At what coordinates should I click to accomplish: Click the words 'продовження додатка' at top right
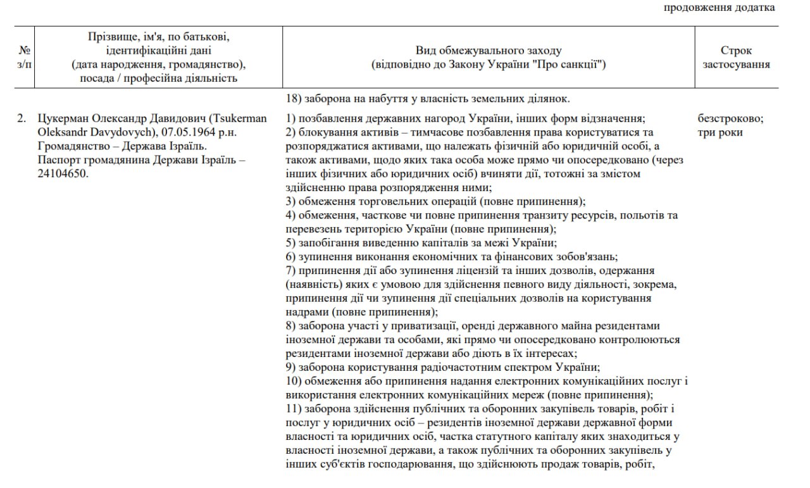719,8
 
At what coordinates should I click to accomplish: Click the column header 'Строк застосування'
736,57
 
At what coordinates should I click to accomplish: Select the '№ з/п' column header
25,57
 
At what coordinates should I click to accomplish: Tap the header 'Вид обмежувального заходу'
488,51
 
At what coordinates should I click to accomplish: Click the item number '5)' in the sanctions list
291,243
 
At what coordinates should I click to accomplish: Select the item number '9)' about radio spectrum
291,367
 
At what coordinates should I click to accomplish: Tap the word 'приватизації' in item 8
429,326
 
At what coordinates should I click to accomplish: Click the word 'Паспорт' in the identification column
59,160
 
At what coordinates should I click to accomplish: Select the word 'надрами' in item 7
306,312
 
